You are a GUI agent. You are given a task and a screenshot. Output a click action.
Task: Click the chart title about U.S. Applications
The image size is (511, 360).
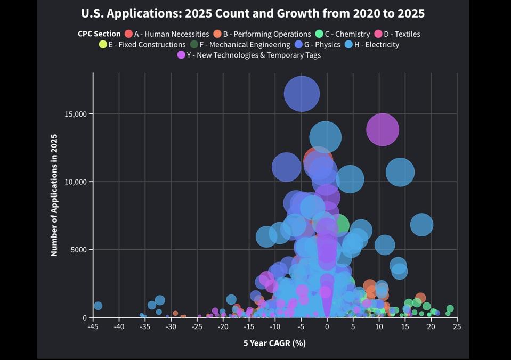(253, 13)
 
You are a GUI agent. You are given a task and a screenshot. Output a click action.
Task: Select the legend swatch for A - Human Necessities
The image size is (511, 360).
(128, 34)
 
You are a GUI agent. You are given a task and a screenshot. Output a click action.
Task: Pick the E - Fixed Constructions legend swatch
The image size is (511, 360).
(103, 45)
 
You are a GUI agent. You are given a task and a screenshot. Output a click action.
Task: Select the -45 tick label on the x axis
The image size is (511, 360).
(93, 326)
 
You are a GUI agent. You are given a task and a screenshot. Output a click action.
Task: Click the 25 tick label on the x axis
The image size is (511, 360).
(457, 326)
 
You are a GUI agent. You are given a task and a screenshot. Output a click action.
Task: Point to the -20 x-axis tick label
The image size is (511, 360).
(223, 326)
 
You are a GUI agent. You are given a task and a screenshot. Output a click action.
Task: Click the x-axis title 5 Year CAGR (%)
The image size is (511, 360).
(274, 343)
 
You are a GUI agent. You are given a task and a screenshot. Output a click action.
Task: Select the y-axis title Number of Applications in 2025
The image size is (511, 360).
(54, 195)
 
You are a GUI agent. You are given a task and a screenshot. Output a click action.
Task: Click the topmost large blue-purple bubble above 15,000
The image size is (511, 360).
(302, 94)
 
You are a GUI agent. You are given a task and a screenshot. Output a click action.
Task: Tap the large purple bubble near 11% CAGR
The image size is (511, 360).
(383, 129)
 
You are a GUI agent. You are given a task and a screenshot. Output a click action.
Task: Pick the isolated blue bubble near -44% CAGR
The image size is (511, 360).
(98, 306)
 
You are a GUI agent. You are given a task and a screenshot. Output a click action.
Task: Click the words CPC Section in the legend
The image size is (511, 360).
(99, 34)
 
